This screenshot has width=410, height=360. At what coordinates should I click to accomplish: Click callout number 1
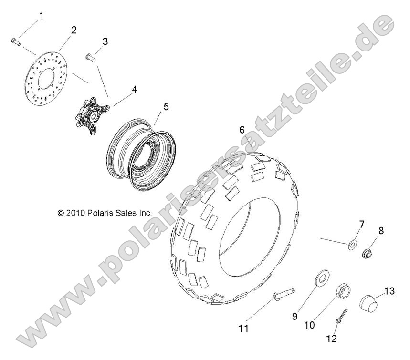[41, 16]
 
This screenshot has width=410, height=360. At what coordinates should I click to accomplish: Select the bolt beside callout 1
[16, 42]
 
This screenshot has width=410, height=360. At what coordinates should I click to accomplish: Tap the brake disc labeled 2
[47, 79]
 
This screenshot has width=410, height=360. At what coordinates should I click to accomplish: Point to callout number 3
[105, 41]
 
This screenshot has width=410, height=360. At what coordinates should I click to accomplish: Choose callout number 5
[166, 107]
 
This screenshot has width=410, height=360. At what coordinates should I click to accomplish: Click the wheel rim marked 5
[141, 156]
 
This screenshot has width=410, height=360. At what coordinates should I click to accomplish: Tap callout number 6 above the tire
[242, 130]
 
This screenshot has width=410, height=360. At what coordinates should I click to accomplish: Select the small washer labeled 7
[353, 245]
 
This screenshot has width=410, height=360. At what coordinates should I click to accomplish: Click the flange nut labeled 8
[368, 253]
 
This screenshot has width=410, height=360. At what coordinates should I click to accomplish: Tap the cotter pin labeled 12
[341, 316]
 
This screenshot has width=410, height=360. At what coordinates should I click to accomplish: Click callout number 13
[389, 291]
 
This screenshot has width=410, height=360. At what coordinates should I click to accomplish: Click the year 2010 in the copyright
[75, 213]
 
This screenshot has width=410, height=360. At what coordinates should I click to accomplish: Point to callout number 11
[243, 329]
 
